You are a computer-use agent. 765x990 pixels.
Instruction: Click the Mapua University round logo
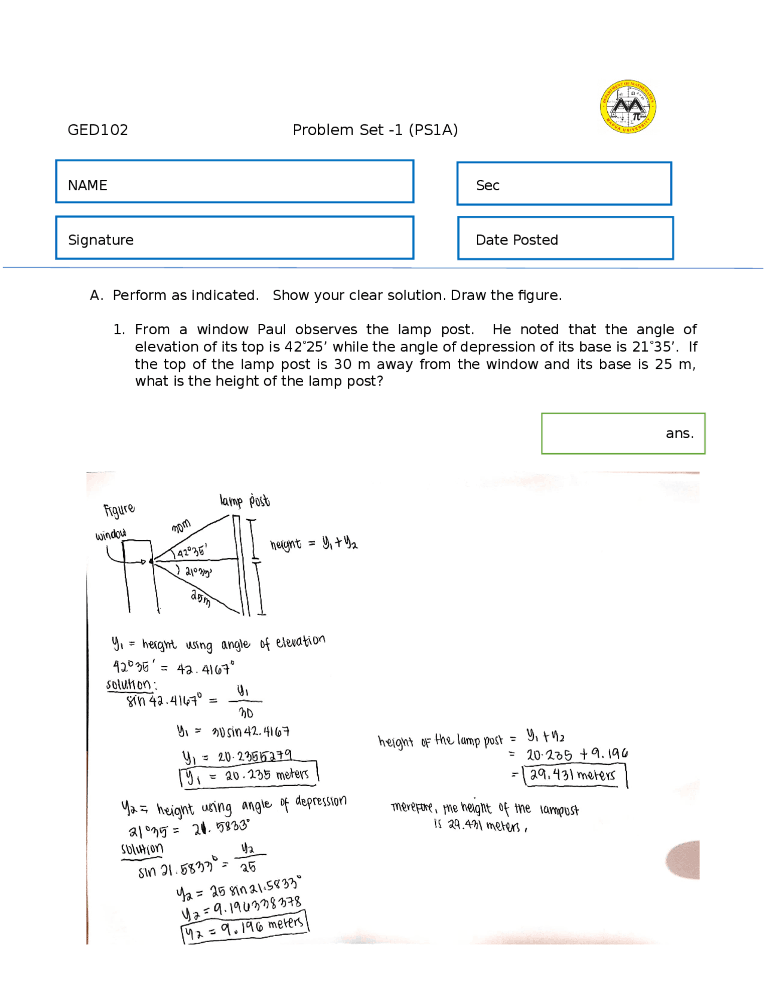[x=628, y=106]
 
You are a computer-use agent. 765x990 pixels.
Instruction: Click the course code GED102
[x=97, y=130]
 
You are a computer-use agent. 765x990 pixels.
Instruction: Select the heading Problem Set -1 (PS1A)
[x=375, y=130]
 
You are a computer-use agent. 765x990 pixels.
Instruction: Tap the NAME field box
[x=234, y=181]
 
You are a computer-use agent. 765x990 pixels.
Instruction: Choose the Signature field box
[x=234, y=237]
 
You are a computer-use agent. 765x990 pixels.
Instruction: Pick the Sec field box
[x=564, y=184]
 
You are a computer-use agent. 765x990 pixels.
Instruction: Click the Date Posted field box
[x=565, y=238]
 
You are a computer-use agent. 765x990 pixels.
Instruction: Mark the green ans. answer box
[x=623, y=433]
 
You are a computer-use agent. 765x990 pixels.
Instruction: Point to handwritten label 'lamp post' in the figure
[x=244, y=500]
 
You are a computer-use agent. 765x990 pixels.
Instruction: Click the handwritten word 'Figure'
[x=119, y=510]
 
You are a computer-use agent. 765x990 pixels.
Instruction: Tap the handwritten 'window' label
[x=111, y=534]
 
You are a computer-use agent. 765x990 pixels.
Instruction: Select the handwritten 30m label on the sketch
[x=181, y=526]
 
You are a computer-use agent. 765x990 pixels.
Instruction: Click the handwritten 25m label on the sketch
[x=201, y=598]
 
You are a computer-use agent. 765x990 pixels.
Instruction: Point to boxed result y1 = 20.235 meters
[x=249, y=775]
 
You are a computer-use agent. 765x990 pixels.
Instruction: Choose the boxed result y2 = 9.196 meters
[x=244, y=927]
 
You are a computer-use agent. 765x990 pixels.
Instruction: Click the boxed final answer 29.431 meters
[x=574, y=775]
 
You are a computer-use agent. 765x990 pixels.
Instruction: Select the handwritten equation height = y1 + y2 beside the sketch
[x=314, y=543]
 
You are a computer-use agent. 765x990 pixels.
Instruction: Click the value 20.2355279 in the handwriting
[x=255, y=756]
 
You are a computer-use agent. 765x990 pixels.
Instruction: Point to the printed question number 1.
[x=119, y=329]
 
